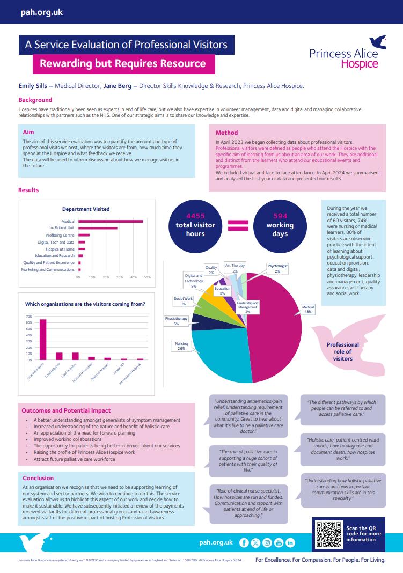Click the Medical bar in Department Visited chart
111,221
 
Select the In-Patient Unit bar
98,228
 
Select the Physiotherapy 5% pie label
176,321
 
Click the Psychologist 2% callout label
277,268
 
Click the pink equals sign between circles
236,226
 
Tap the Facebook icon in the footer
244,542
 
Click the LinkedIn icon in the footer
290,542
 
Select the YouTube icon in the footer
279,542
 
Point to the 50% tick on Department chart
148,277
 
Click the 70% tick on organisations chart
29,317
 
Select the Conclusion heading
38,478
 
